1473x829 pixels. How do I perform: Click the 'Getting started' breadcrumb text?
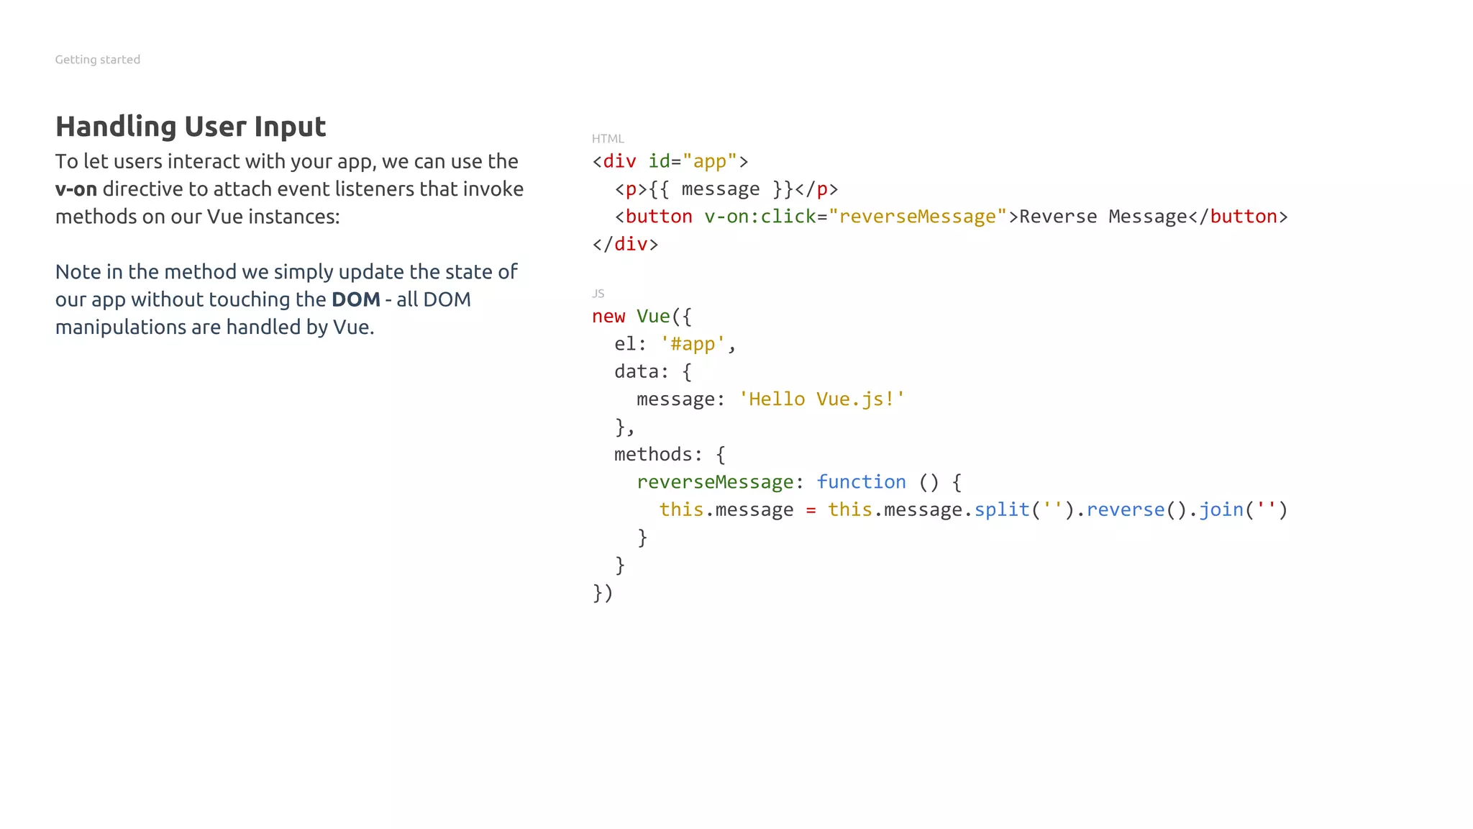click(x=97, y=60)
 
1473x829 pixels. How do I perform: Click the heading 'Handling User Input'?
click(x=191, y=127)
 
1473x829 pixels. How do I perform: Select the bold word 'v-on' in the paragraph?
click(x=76, y=189)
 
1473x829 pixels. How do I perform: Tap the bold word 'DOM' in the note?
click(x=355, y=299)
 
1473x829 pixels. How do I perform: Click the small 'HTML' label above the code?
click(x=608, y=139)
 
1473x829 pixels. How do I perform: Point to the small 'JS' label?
click(x=598, y=294)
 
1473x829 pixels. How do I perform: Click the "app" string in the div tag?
click(x=709, y=161)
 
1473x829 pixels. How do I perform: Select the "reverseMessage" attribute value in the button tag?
click(x=917, y=217)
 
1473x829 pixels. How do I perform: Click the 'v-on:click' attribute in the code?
click(x=760, y=217)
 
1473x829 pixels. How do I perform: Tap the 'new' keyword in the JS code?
click(x=608, y=317)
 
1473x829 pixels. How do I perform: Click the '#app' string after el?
click(x=693, y=344)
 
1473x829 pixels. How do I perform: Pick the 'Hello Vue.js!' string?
click(x=821, y=399)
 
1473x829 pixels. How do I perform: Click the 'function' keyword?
click(x=861, y=482)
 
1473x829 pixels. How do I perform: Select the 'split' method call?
click(x=1002, y=509)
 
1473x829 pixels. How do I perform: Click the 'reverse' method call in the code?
click(x=1125, y=509)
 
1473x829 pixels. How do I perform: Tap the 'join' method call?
click(x=1221, y=509)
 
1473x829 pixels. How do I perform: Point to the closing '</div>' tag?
click(x=625, y=244)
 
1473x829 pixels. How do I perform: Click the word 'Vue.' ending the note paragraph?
click(x=353, y=327)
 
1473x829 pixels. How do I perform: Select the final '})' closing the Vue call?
click(x=603, y=593)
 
